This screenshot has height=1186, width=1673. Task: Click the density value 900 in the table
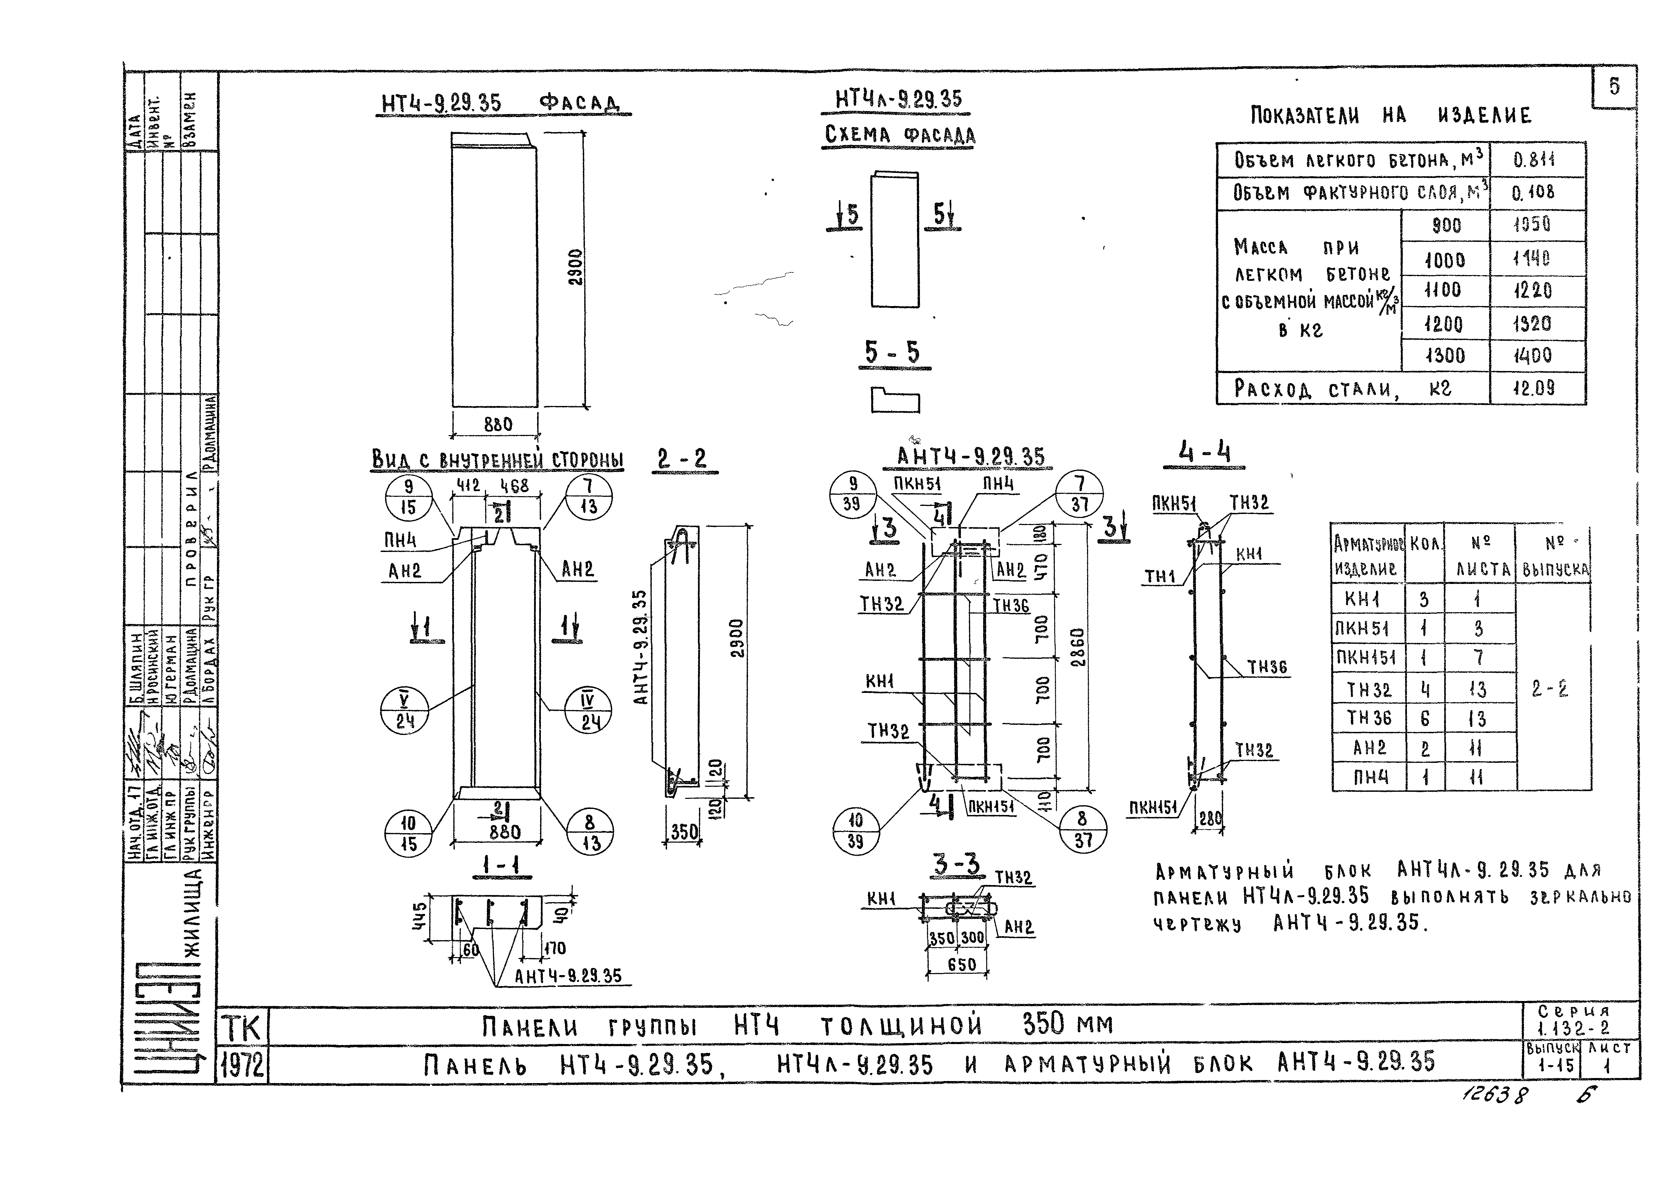1446,226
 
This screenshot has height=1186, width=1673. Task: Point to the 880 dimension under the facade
498,424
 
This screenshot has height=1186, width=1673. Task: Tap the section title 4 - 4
1204,453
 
